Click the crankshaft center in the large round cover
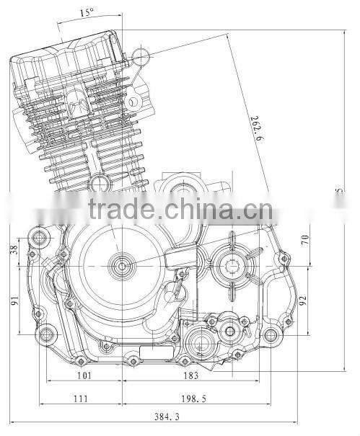[x=120, y=266]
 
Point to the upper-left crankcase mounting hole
[x=40, y=237]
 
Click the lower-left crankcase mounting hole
[x=48, y=334]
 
